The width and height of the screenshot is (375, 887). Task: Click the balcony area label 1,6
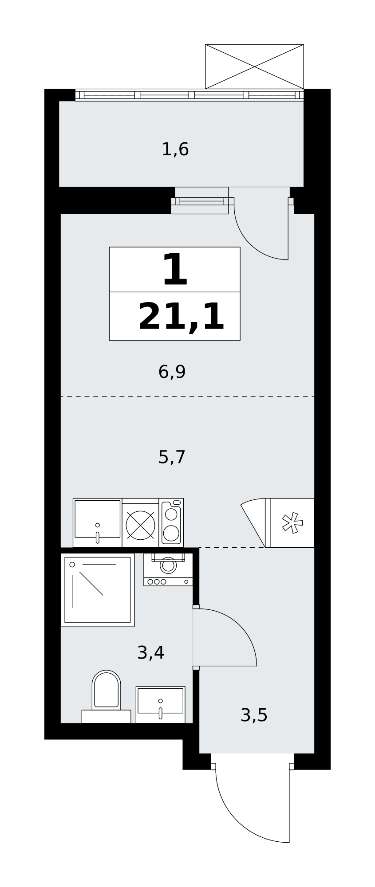(175, 149)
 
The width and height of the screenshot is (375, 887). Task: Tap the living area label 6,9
(172, 372)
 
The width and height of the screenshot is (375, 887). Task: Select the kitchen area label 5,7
(172, 457)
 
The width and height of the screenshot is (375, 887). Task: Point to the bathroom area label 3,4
(151, 652)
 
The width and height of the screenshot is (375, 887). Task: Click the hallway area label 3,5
(254, 715)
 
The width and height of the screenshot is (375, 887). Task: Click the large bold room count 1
(175, 269)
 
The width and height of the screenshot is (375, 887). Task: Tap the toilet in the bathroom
(106, 696)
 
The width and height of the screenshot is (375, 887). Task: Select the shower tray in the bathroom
(98, 590)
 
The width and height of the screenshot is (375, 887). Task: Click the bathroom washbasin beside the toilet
(160, 704)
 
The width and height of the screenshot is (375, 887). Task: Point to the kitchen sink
(98, 522)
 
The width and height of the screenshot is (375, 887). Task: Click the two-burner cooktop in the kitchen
(171, 522)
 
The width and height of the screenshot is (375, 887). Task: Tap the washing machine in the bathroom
(168, 569)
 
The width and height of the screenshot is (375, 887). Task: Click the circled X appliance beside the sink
(140, 525)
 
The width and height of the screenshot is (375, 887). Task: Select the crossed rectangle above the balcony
(254, 67)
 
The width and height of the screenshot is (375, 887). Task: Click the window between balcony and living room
(201, 201)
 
